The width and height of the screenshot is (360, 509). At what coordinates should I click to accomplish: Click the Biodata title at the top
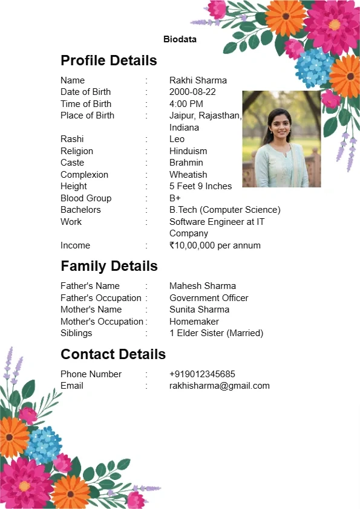(x=180, y=39)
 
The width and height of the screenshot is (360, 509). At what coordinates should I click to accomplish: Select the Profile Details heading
(x=109, y=60)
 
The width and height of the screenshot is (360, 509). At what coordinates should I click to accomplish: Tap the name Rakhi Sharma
(x=198, y=80)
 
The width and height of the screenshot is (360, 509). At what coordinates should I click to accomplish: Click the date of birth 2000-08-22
(x=192, y=92)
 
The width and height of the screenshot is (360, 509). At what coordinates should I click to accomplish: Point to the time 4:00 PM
(x=186, y=104)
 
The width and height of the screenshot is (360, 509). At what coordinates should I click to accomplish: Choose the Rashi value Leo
(x=177, y=139)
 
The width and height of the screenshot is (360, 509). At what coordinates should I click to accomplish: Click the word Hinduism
(x=188, y=151)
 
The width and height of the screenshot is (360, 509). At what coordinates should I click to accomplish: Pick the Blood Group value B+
(x=175, y=198)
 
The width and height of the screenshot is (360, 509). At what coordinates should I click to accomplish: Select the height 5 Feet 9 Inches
(x=200, y=186)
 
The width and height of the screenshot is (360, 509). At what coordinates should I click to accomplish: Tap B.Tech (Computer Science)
(x=224, y=210)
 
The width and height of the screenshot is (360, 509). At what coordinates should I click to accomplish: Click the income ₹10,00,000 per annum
(x=215, y=245)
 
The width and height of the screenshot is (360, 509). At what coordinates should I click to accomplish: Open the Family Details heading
(x=109, y=266)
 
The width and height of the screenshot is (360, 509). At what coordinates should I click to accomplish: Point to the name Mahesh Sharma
(x=203, y=286)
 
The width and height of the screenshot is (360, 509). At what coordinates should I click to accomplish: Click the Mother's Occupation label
(x=102, y=322)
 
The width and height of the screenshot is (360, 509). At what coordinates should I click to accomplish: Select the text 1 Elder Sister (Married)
(x=216, y=333)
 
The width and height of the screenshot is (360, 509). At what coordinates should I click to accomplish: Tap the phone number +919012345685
(x=202, y=374)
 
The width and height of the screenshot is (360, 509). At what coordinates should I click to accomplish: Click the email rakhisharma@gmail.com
(x=219, y=386)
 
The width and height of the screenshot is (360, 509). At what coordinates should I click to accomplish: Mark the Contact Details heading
(x=113, y=354)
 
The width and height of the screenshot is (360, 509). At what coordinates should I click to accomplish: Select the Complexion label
(x=84, y=175)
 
